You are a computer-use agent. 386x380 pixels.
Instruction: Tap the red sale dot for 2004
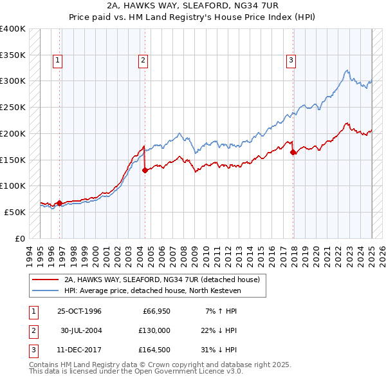[x=145, y=170]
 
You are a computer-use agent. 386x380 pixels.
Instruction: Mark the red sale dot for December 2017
[x=293, y=152]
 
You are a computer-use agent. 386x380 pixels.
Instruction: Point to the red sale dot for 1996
[x=60, y=203]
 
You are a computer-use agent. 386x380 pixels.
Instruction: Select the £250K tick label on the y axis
[x=13, y=107]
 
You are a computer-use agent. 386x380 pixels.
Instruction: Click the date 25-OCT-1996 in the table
[x=80, y=312]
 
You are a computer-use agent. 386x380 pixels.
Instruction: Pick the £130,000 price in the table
[x=154, y=330]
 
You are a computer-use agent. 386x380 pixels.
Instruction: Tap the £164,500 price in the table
[x=154, y=348]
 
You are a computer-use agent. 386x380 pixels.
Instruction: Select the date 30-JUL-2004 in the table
[x=81, y=330]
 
